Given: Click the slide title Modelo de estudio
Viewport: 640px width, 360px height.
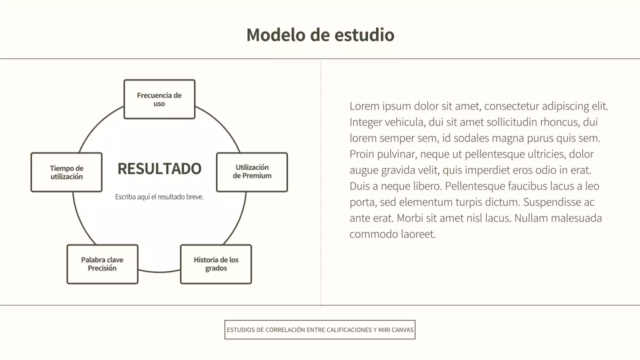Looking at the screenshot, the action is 320,35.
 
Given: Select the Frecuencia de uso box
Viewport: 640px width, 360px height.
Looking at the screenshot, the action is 159,99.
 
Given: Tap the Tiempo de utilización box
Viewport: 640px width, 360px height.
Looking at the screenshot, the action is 66,172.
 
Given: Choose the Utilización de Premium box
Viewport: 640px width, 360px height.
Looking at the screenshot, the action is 252,172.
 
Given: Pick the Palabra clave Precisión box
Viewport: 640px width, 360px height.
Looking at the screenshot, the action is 102,264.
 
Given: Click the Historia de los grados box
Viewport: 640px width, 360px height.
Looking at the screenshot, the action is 216,264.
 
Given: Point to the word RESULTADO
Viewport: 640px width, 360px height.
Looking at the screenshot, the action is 159,169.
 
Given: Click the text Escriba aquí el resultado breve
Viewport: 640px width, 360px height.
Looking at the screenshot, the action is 159,197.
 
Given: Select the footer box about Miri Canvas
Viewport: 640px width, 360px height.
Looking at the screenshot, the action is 320,330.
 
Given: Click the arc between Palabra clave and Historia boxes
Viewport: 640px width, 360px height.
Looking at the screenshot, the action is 159,272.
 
